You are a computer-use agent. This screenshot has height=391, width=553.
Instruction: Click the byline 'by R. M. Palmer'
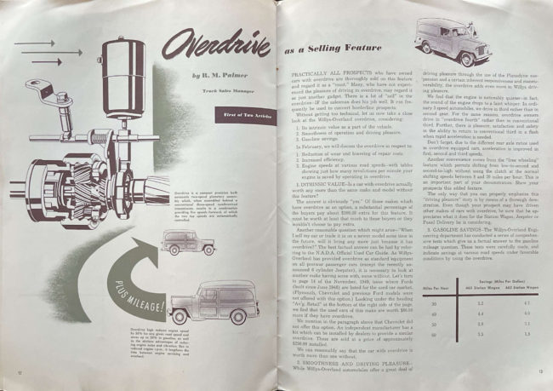click(x=208, y=78)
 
